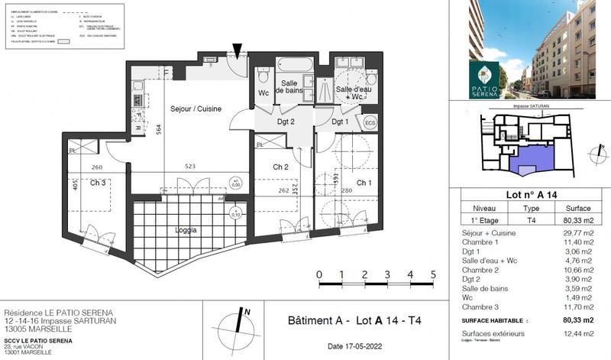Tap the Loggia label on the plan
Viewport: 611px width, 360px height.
point(186,229)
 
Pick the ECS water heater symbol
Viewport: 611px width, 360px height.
point(370,122)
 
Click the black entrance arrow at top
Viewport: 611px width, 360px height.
point(239,50)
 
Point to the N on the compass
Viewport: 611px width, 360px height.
point(247,311)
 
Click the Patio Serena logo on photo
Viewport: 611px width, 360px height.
point(483,78)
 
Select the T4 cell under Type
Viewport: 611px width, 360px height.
point(532,219)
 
